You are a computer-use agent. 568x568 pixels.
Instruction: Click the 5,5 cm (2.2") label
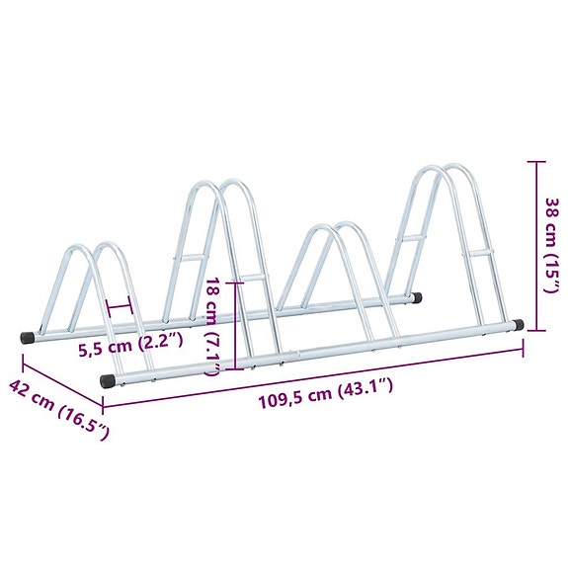(132, 344)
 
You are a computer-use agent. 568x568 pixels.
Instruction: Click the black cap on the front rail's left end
(107, 379)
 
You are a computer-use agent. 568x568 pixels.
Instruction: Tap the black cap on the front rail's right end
(517, 323)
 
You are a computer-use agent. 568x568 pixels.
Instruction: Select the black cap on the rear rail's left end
(28, 337)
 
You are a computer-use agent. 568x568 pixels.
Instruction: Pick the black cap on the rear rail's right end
(419, 295)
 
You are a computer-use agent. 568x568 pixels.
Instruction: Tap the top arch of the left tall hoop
(219, 185)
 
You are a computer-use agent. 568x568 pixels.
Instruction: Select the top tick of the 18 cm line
(235, 282)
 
